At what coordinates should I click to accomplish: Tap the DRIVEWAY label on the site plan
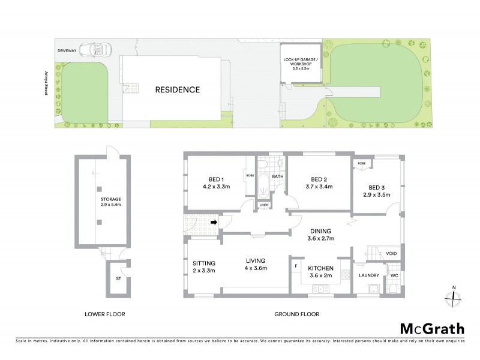tap(67, 50)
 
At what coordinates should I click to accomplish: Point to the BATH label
tap(277, 177)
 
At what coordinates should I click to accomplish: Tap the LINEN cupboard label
tap(264, 205)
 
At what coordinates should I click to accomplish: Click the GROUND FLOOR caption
tap(296, 314)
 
